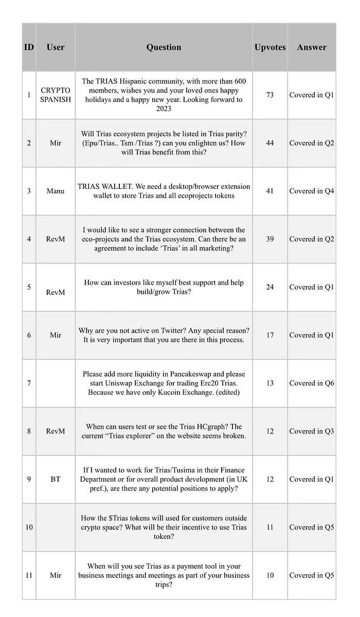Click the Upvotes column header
(269, 47)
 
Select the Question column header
(164, 47)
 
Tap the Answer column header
(312, 47)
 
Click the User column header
(56, 47)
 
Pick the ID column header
(29, 47)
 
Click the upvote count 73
(269, 95)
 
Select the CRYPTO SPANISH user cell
(56, 95)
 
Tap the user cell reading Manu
(56, 191)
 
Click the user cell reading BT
(56, 479)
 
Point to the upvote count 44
(269, 143)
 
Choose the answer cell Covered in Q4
(312, 191)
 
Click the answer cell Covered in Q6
(312, 383)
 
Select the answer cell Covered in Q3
(312, 431)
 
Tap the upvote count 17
(269, 335)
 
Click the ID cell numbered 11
(29, 575)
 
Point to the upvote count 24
(269, 287)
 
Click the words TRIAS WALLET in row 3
(103, 186)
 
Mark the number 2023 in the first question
(164, 109)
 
